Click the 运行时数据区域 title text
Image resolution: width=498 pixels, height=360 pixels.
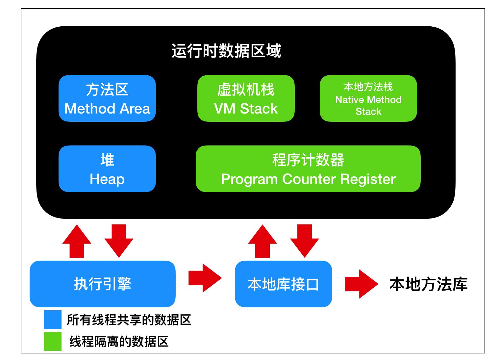(226, 51)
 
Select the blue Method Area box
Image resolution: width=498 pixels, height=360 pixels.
(107, 98)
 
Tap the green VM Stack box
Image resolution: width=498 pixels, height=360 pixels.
(246, 98)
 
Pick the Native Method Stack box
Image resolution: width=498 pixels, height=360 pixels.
(368, 98)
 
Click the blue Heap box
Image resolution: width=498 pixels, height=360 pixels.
(107, 169)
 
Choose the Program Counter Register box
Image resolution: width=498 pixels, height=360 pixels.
(308, 169)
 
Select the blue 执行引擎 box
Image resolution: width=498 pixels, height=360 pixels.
(102, 284)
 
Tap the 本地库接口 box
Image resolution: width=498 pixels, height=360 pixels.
(283, 284)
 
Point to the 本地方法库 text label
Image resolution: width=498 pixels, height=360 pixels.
(428, 284)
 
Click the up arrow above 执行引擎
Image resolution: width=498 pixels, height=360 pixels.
(77, 241)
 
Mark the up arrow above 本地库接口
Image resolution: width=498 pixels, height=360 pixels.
(262, 241)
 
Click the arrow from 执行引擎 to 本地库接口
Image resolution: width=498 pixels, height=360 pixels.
(205, 278)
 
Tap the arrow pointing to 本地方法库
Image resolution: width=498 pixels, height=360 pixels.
(361, 284)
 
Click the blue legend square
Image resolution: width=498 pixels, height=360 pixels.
(53, 320)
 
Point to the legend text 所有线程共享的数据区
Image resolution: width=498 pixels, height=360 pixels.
(129, 320)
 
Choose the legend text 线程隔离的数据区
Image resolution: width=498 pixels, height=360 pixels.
(119, 342)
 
